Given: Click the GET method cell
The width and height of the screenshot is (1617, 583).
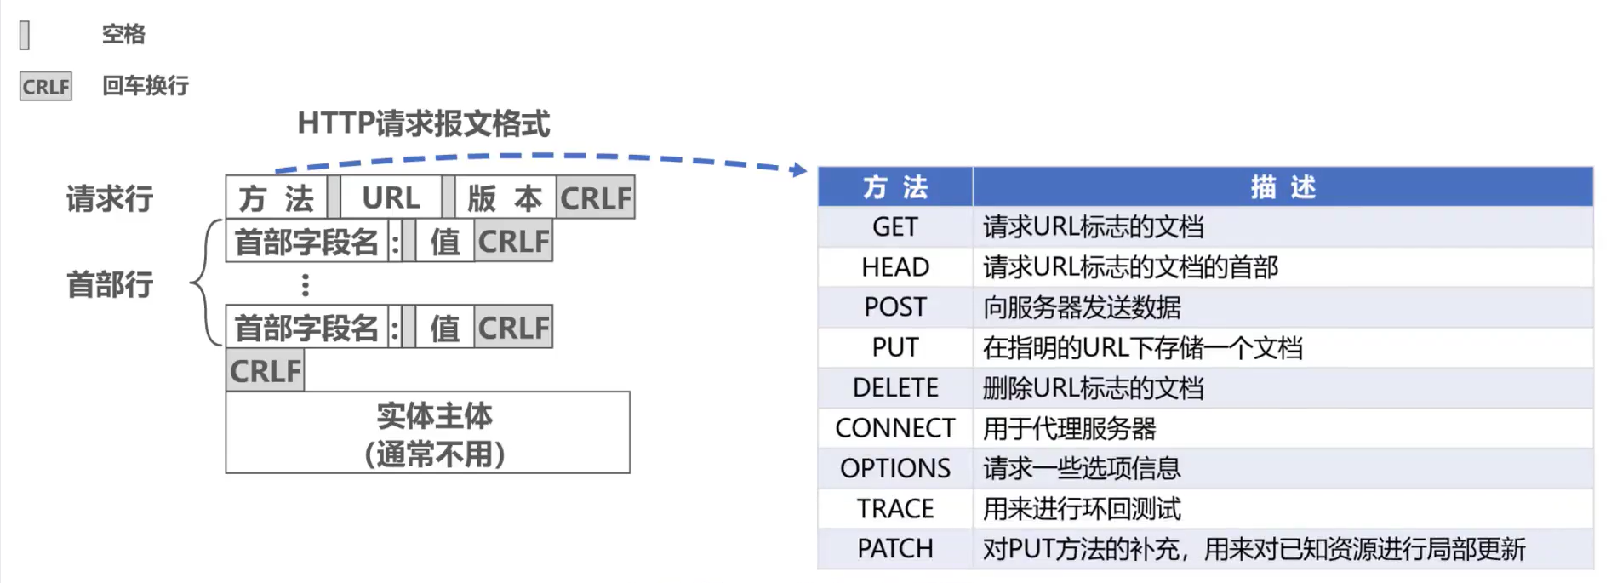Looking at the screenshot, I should click(x=894, y=227).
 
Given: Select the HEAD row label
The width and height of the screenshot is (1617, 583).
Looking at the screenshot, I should click(x=894, y=267).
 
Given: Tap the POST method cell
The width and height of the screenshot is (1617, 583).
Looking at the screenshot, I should click(x=894, y=307).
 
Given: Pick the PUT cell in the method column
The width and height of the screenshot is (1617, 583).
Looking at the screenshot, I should click(x=894, y=347).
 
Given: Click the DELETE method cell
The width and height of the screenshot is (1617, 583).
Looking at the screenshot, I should click(x=894, y=388).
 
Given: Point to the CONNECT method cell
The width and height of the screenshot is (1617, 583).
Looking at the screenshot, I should click(x=894, y=428).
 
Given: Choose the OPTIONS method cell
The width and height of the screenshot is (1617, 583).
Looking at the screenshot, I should click(x=894, y=468).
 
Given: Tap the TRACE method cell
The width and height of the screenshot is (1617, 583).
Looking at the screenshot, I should click(x=894, y=509).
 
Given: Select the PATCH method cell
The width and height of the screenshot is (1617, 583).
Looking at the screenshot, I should click(x=894, y=549).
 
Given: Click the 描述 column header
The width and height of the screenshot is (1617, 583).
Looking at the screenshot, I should click(x=1283, y=187).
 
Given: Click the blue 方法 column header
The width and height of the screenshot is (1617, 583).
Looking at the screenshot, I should click(x=894, y=187).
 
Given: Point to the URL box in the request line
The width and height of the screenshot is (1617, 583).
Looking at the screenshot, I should click(x=391, y=198).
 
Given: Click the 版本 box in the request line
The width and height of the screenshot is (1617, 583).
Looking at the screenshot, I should click(x=505, y=198).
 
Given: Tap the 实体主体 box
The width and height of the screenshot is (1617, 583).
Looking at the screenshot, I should click(x=428, y=433).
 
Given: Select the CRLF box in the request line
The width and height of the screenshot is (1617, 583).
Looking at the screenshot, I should click(x=596, y=198).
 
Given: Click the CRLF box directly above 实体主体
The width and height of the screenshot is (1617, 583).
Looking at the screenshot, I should click(x=265, y=371).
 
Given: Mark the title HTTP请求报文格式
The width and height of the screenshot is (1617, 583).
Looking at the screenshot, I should click(x=423, y=124).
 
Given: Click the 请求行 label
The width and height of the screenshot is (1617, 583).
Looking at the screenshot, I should click(x=110, y=199).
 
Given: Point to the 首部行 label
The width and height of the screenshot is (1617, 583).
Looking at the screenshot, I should click(x=110, y=284).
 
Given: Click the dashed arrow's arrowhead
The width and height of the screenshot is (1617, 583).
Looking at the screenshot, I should click(x=799, y=170).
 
